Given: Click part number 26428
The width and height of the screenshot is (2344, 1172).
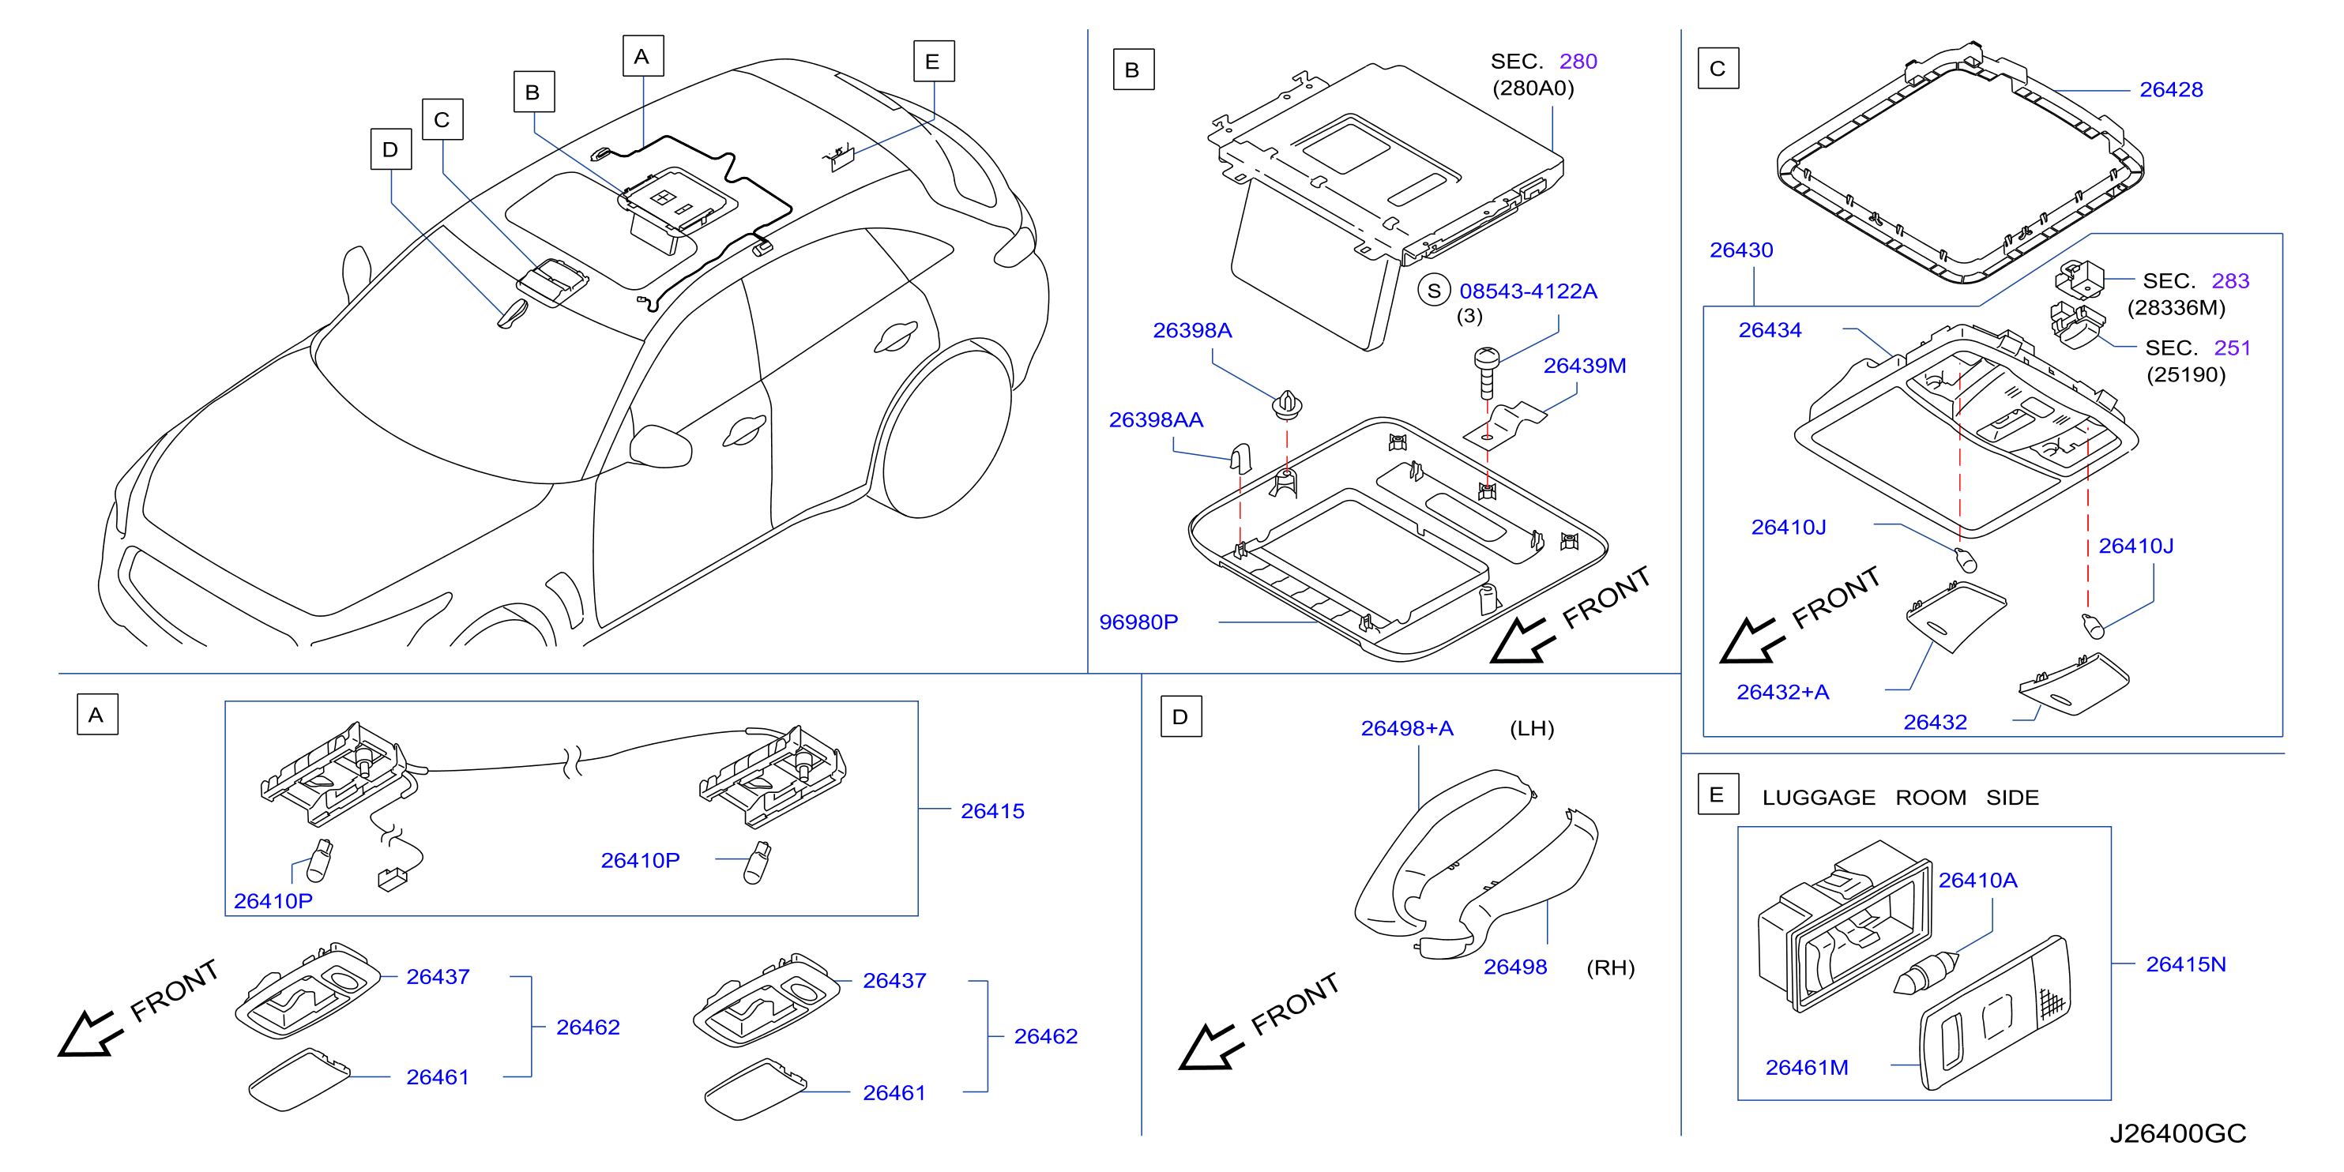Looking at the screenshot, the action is pyautogui.click(x=2170, y=89).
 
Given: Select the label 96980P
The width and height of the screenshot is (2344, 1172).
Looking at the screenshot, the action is pyautogui.click(x=1138, y=622).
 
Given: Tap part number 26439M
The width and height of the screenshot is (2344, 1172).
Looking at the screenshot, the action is pyautogui.click(x=1584, y=365).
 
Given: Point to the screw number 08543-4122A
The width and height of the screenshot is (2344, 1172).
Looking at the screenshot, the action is pyautogui.click(x=1528, y=291).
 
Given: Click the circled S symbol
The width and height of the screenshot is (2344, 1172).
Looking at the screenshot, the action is pyautogui.click(x=1434, y=291).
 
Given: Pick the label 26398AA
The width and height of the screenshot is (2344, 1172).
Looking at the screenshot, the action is pyautogui.click(x=1156, y=419).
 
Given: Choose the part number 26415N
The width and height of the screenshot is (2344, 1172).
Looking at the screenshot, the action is pyautogui.click(x=2186, y=964).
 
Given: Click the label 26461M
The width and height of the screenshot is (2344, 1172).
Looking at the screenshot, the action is pyautogui.click(x=1806, y=1068).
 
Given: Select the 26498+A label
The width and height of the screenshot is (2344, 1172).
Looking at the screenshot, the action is pyautogui.click(x=1407, y=728).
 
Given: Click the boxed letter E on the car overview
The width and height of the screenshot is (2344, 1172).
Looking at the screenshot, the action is pyautogui.click(x=934, y=61).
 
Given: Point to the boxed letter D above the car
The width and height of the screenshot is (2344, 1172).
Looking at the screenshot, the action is pyautogui.click(x=391, y=149).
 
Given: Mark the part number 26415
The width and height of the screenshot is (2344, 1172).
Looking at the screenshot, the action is pyautogui.click(x=991, y=811).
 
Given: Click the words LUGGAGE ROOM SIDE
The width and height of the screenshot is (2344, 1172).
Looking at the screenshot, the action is pyautogui.click(x=1900, y=797).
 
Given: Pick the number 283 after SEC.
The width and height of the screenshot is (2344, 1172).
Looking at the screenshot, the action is pyautogui.click(x=2230, y=280).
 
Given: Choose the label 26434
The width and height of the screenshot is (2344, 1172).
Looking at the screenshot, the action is pyautogui.click(x=1770, y=329).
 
